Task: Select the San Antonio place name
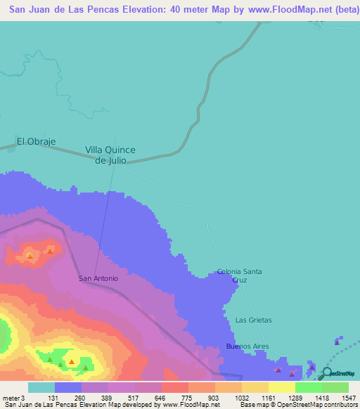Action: [98, 278]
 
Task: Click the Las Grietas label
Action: [253, 320]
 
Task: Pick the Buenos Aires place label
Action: [247, 346]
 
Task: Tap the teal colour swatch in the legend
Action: [41, 387]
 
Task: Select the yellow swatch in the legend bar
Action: [281, 387]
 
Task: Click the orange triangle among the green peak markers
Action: [71, 363]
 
